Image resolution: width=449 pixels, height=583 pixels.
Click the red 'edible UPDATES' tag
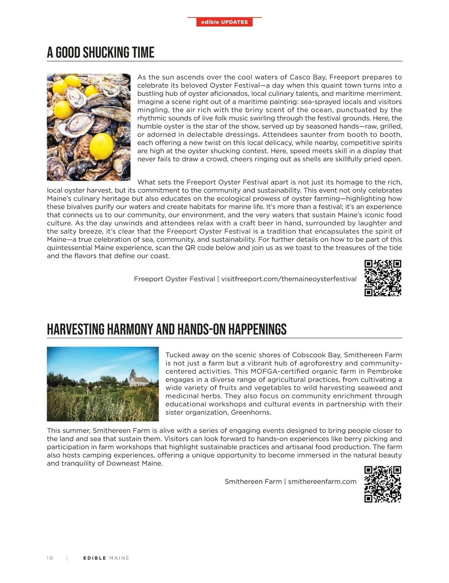click(x=224, y=22)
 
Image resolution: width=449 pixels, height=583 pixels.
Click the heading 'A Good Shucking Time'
click(x=101, y=53)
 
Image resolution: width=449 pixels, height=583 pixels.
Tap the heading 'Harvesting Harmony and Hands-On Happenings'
click(x=167, y=330)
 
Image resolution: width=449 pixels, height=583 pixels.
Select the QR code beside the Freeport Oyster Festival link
click(x=383, y=278)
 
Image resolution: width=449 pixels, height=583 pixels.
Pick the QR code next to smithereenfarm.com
click(x=383, y=484)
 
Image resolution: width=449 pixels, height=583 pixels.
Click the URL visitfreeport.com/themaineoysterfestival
click(x=289, y=279)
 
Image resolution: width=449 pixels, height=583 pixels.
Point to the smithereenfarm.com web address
click(x=322, y=482)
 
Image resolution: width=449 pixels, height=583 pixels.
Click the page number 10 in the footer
click(x=50, y=558)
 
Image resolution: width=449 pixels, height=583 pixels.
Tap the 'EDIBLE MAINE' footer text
click(x=106, y=558)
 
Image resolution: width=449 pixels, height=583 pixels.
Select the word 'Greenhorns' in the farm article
click(x=250, y=412)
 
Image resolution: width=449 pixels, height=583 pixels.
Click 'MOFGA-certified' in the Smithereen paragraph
click(x=271, y=371)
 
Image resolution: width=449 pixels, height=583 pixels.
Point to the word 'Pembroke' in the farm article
click(x=384, y=371)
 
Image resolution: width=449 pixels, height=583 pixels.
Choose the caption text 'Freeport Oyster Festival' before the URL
click(x=174, y=279)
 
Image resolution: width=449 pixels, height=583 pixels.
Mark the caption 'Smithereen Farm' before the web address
click(x=253, y=482)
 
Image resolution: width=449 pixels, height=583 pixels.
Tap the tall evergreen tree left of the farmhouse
click(x=132, y=374)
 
